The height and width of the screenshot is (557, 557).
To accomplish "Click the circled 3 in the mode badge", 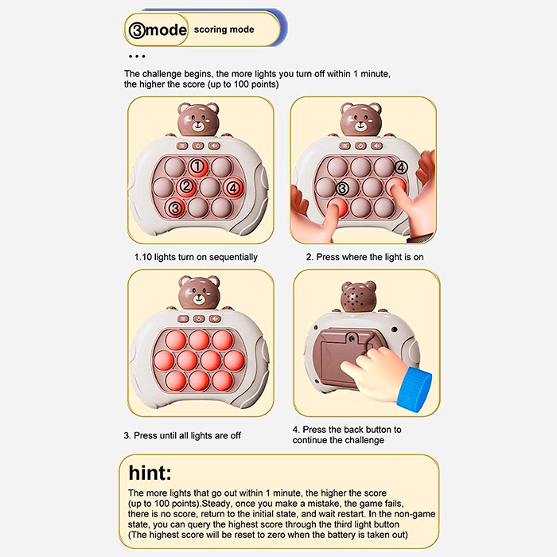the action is (137, 30).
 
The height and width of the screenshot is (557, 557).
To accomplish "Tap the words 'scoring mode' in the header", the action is (224, 29).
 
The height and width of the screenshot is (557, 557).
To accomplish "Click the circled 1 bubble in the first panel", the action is (197, 166).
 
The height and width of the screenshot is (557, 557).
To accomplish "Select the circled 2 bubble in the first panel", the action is (186, 186).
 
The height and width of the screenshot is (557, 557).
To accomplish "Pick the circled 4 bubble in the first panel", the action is (233, 187).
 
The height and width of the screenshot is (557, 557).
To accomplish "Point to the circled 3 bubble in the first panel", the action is (175, 208).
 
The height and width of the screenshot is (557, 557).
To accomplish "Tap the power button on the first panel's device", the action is (198, 146).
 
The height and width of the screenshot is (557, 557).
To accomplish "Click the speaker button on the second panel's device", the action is (376, 146).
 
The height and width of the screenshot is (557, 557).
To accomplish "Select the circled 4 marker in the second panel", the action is (401, 167).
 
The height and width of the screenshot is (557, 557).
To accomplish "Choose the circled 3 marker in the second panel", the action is (342, 189).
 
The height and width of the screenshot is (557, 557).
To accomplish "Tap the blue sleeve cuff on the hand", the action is (415, 388).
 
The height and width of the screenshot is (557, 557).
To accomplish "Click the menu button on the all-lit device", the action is (183, 318).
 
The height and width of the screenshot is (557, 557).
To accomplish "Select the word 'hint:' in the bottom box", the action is (150, 473).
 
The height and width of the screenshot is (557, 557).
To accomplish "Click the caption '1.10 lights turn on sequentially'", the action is (196, 257).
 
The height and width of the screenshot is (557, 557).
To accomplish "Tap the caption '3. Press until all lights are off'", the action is (182, 435).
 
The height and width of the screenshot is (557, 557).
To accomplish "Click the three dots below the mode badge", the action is (137, 56).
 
